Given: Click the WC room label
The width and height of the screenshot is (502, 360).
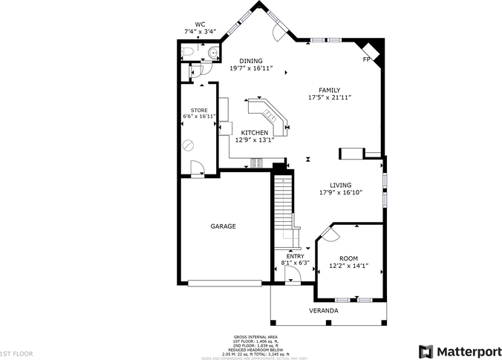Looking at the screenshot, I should pos(200,24).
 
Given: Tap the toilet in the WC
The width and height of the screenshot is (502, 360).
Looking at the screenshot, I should pos(187,52).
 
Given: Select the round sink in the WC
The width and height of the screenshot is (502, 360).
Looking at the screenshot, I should pos(213,52).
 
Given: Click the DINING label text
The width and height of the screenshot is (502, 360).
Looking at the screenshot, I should pos(250,61).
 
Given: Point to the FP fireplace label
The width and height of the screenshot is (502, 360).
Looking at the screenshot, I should pos(365,59).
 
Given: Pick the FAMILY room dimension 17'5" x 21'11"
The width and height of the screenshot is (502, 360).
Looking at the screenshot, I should pos(329,97).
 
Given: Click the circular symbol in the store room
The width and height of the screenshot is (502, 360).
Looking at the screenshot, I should pos(189,145).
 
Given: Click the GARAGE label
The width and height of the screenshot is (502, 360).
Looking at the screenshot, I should pos(223,226).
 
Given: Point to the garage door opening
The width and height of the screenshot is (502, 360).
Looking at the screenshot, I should pos(224,282).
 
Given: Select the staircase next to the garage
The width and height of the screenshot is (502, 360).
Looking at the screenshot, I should pos(282,208).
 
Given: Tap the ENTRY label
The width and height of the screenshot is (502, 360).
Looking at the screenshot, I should pos(295,256).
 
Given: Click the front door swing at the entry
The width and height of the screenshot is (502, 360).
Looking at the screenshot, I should pos(292,275).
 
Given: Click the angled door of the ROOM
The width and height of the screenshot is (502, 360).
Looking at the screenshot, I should pos(329,234).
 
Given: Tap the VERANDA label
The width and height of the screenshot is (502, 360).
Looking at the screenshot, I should pos(323,310).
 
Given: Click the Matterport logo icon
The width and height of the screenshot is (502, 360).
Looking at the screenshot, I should pos(426,350).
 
